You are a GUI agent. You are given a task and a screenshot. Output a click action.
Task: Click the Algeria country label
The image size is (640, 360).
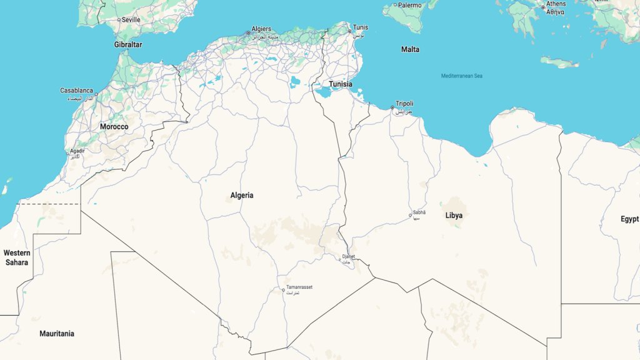(242, 196)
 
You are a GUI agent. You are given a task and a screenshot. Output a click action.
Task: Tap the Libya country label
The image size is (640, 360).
(454, 216)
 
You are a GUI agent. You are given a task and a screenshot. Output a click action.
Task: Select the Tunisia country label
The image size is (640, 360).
(341, 84)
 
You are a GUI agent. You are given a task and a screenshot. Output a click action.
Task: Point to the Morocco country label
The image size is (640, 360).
(114, 127)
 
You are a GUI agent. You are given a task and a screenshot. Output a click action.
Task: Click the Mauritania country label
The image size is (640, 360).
(57, 334)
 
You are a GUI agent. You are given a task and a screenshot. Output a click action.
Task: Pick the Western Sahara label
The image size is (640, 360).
(17, 257)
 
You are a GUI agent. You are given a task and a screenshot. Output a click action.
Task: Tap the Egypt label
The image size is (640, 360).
(629, 219)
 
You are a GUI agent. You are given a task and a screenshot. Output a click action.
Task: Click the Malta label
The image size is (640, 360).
(410, 49)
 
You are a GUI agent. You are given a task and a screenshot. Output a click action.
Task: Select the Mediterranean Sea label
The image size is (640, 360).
(462, 76)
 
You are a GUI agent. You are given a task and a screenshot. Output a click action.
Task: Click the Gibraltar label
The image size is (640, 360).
(128, 45)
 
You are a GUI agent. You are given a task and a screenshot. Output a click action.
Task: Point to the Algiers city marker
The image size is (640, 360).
(247, 32)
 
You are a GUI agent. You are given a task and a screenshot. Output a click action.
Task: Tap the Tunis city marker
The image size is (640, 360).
(350, 31)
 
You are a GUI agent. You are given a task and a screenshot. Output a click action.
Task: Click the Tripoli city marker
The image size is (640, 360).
(392, 107)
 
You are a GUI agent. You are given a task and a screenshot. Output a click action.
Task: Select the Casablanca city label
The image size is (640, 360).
(77, 91)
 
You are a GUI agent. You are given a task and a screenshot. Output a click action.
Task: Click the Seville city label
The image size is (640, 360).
(131, 20)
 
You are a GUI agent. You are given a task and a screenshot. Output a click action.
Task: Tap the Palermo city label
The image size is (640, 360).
(410, 5)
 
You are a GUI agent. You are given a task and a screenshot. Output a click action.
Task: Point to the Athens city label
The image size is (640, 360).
(556, 4)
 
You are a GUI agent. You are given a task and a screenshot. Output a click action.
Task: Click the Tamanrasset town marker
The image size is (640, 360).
(283, 290)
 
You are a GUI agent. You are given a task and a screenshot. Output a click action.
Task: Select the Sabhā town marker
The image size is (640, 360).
(411, 216)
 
